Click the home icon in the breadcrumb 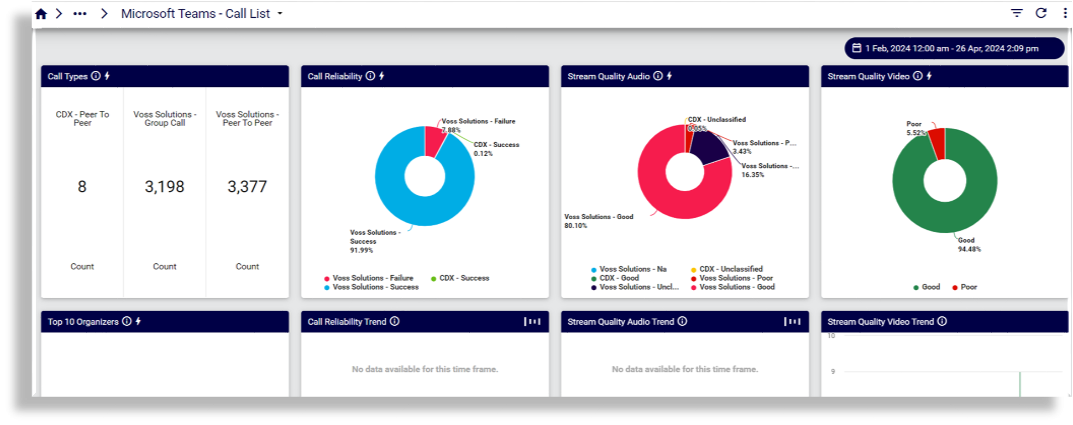(x=41, y=14)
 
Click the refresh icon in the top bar (x=1041, y=13)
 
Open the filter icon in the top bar (x=1017, y=13)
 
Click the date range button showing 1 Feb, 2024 (x=954, y=49)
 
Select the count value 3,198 (x=165, y=187)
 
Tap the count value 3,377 (x=247, y=187)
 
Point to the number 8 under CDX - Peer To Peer (x=82, y=187)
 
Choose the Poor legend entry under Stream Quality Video (x=968, y=287)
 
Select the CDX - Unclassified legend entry (x=731, y=269)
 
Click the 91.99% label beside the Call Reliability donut (x=361, y=250)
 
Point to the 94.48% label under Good (x=969, y=249)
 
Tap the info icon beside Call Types (x=96, y=76)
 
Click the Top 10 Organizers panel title (x=83, y=322)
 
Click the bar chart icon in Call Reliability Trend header (x=532, y=321)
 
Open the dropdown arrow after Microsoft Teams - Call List (x=280, y=13)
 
